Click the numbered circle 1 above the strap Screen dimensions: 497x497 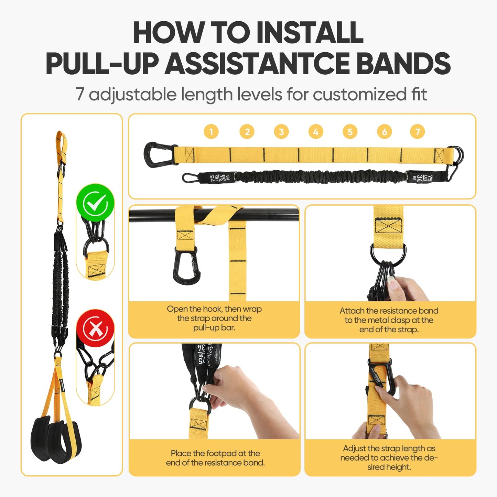pos(211,132)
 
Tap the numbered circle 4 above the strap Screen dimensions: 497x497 pos(316,132)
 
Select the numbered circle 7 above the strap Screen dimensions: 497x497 pos(418,132)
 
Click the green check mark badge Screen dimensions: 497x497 pos(95,203)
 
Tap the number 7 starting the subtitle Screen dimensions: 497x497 pos(80,95)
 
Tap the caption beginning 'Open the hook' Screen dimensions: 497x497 pos(214,318)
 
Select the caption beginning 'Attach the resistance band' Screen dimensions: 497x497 pos(389,320)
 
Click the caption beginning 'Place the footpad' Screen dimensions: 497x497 pos(215,458)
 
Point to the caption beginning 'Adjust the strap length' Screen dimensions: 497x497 pos(389,458)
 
